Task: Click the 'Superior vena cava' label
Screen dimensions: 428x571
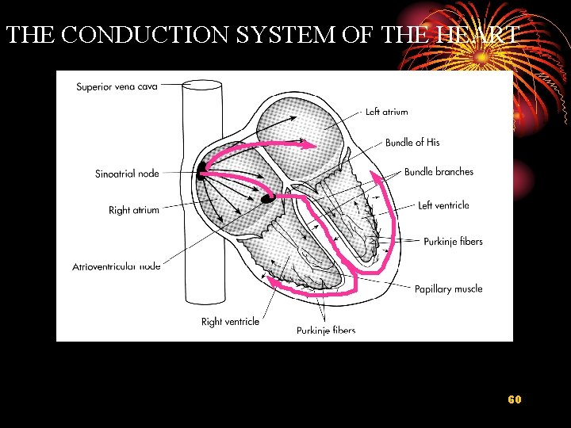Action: [117, 86]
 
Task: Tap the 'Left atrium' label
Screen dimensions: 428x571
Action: [386, 112]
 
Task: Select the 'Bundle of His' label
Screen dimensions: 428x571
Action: [412, 143]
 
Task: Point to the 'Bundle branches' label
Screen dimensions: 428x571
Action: [439, 172]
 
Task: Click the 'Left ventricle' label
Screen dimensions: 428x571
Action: [443, 205]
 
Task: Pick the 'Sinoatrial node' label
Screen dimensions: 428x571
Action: [127, 174]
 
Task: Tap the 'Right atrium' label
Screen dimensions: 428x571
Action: [134, 210]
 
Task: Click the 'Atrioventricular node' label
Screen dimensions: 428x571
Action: [117, 266]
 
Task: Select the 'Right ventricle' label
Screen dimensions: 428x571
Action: [230, 322]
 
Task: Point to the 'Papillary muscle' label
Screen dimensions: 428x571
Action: [448, 289]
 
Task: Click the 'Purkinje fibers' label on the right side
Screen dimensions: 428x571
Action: [453, 242]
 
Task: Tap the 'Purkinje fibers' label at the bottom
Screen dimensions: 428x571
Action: [326, 331]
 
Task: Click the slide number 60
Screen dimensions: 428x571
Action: [515, 399]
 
